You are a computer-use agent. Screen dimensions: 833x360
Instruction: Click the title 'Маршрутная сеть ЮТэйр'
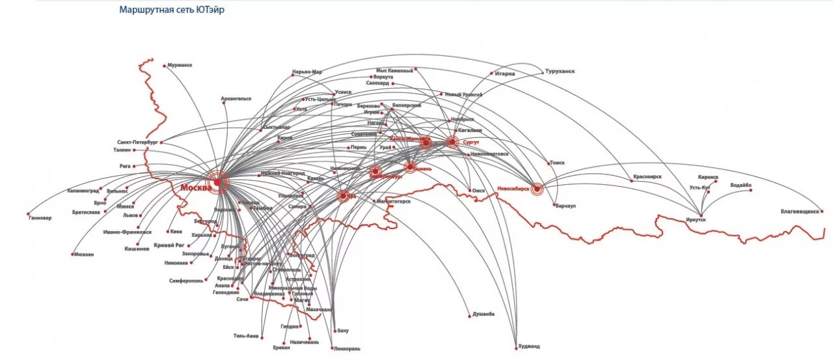tap(172, 10)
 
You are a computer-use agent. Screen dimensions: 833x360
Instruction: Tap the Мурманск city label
tap(180, 65)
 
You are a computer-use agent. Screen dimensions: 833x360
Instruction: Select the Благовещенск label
tap(800, 211)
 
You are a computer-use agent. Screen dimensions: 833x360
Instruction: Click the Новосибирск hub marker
tap(537, 189)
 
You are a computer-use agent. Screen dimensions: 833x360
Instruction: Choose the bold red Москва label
tap(195, 187)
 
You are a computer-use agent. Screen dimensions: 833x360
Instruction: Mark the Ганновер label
tap(40, 218)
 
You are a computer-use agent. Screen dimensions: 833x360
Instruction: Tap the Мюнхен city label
tap(83, 254)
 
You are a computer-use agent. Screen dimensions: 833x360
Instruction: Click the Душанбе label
tap(482, 314)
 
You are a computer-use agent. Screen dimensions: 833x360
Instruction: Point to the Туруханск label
tap(560, 71)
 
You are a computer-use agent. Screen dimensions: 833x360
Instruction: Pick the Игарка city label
tap(505, 74)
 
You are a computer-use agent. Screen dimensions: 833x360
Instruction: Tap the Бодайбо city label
tap(741, 185)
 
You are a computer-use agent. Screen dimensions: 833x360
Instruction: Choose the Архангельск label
tap(236, 99)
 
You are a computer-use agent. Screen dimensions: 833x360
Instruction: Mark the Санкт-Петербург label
tap(138, 141)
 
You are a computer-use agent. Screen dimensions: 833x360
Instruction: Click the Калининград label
tap(83, 191)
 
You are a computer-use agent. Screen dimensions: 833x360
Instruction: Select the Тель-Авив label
tap(246, 336)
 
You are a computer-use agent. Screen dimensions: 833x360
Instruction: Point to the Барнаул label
tap(566, 206)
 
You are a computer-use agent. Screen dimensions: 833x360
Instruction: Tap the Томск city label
tap(557, 163)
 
